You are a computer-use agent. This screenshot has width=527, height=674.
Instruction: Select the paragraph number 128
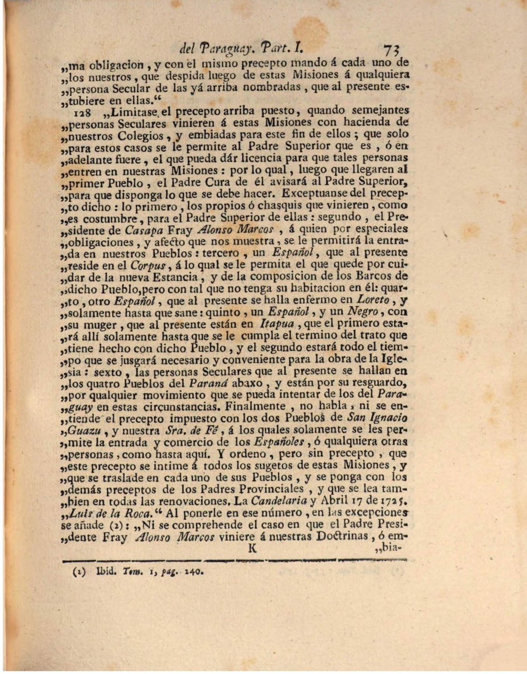(x=68, y=111)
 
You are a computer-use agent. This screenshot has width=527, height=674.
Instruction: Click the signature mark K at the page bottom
(x=252, y=548)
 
